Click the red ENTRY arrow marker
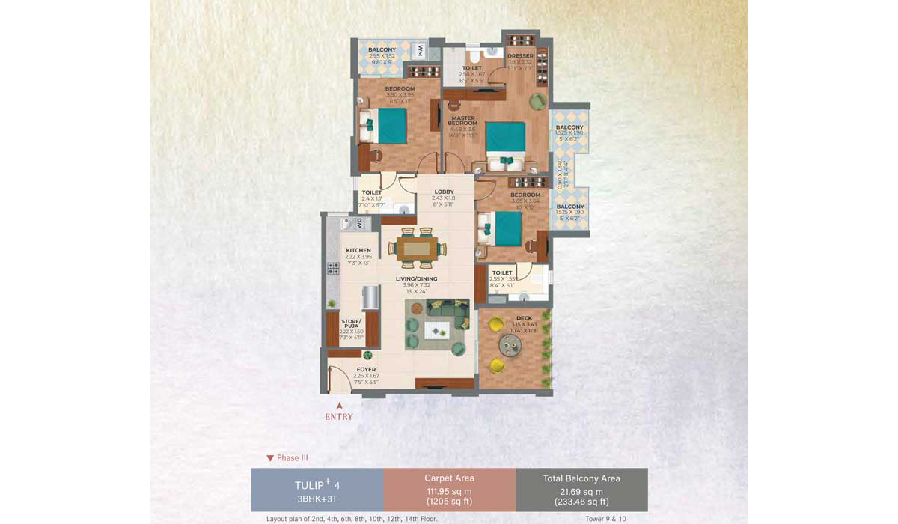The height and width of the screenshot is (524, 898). click(x=339, y=405)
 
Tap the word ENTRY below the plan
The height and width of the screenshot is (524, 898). click(x=339, y=417)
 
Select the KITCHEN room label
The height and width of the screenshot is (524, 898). click(x=358, y=250)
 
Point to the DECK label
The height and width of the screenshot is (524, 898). click(x=524, y=318)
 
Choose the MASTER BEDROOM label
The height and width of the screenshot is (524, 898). click(x=462, y=120)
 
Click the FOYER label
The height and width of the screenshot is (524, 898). click(x=366, y=369)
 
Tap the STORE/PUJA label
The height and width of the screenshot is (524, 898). click(x=352, y=323)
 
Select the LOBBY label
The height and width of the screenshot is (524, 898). click(x=445, y=192)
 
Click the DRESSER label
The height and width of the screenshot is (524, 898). click(x=520, y=56)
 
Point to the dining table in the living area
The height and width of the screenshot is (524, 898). click(x=417, y=247)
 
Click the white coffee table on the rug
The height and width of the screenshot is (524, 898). click(x=437, y=329)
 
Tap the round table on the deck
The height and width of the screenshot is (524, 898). click(x=512, y=345)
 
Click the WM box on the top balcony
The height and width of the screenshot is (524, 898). click(x=421, y=51)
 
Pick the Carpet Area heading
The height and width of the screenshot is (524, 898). click(x=449, y=478)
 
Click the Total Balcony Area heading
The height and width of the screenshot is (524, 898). click(x=581, y=478)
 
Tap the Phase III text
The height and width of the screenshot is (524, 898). click(x=293, y=458)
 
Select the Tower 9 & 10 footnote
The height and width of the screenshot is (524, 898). click(x=606, y=519)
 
